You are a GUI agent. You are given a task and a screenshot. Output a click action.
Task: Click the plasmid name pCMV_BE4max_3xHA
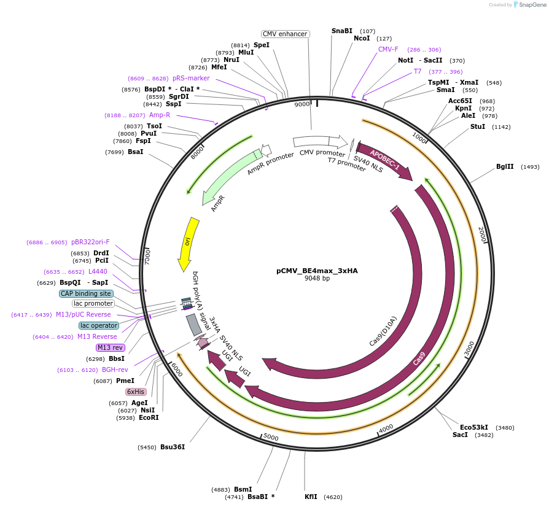[317, 270]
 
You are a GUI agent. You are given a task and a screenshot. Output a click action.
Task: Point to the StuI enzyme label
[477, 127]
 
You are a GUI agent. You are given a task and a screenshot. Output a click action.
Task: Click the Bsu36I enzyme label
[173, 447]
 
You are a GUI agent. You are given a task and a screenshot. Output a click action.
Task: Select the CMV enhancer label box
[284, 34]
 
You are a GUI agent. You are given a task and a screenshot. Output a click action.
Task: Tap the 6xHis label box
[136, 392]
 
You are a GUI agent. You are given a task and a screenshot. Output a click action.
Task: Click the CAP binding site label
[86, 293]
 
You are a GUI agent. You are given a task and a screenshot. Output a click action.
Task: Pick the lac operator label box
[98, 325]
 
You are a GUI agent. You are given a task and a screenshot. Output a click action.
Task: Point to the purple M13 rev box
[110, 347]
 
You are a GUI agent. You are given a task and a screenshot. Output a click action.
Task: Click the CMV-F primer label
[388, 50]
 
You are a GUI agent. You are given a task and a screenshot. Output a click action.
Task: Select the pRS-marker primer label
[191, 78]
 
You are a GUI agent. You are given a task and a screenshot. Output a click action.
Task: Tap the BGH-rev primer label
[115, 370]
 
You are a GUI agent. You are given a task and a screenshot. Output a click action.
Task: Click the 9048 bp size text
[317, 278]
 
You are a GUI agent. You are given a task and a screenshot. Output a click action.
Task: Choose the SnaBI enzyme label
[342, 31]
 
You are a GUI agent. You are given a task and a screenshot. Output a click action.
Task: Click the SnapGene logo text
[532, 4]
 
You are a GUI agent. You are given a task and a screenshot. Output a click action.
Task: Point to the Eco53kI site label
[473, 427]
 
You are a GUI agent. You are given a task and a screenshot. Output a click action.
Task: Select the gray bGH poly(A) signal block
[194, 324]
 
